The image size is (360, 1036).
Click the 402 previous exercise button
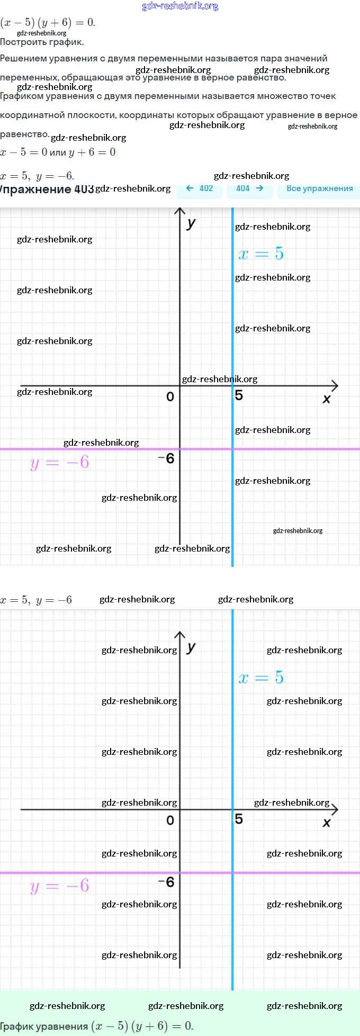click(200, 188)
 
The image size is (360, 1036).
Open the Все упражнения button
click(319, 188)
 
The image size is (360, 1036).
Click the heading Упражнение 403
click(47, 189)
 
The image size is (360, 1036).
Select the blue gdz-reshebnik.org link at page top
click(180, 6)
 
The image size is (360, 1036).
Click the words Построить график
click(42, 42)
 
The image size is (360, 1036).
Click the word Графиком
click(21, 96)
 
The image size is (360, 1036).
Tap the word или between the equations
click(58, 152)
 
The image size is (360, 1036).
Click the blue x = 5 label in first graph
click(261, 254)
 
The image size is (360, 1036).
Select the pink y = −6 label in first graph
click(59, 463)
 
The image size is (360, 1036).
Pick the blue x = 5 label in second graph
click(261, 678)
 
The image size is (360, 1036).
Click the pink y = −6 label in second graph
click(59, 886)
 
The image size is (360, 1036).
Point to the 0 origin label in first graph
click(170, 397)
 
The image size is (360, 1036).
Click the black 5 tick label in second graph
click(239, 819)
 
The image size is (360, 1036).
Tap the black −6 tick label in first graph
click(167, 458)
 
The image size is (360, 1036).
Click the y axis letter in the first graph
click(191, 223)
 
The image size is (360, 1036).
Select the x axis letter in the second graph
click(327, 823)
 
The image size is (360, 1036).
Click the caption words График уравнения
click(44, 1026)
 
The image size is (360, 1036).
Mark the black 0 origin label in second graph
click(170, 820)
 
